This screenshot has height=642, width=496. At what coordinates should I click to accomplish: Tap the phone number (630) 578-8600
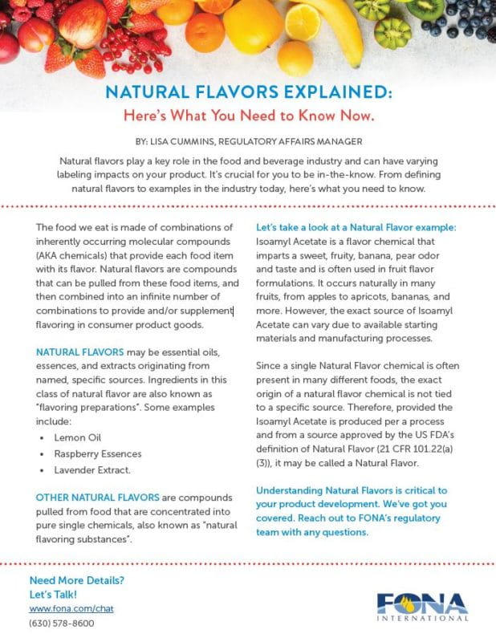pos(62,623)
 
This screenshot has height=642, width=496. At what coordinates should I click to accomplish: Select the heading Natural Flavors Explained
pos(248,92)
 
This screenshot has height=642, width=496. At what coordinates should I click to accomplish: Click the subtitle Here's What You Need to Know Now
pos(248,115)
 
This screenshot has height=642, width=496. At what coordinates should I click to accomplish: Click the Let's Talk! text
pos(53,594)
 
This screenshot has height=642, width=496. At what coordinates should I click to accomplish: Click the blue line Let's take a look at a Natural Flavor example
pos(356,227)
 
